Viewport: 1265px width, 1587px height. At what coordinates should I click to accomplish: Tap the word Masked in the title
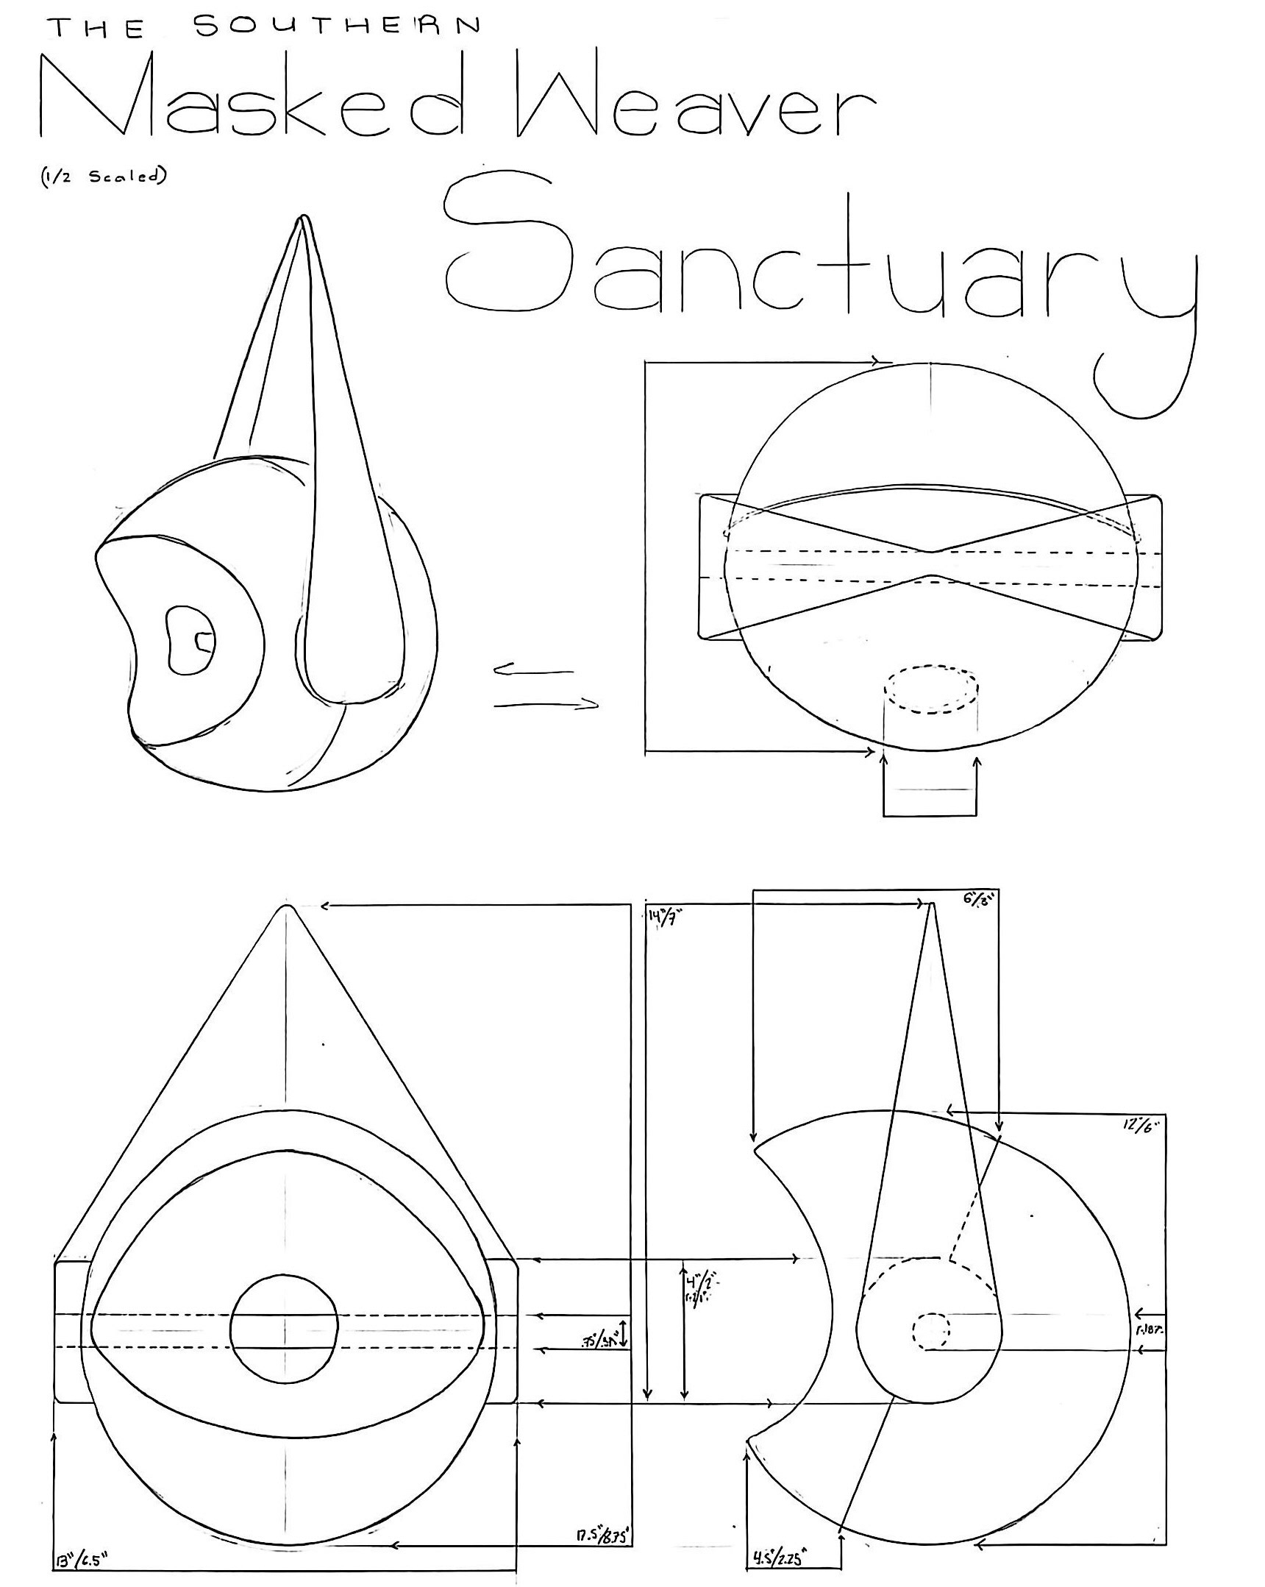pyautogui.click(x=250, y=96)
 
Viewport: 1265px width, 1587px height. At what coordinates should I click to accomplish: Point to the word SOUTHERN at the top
pyautogui.click(x=338, y=26)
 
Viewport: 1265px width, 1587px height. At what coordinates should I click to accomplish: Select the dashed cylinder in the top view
pyautogui.click(x=931, y=690)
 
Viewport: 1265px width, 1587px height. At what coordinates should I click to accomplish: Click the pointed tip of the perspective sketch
pyautogui.click(x=304, y=219)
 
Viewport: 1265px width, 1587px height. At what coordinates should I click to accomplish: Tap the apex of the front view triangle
pyautogui.click(x=287, y=909)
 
